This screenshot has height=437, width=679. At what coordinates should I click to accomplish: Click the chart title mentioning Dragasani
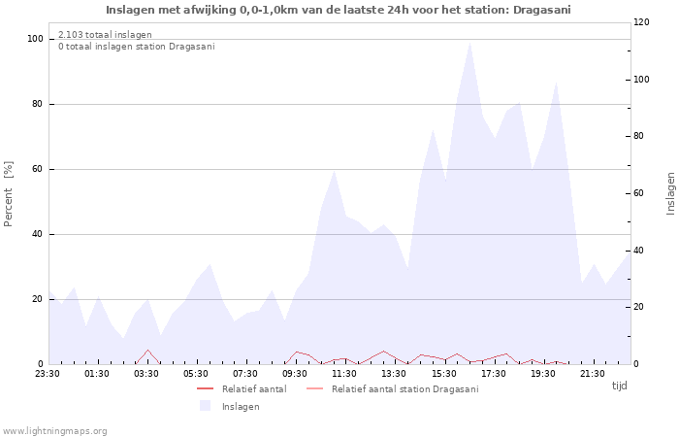coord(339,10)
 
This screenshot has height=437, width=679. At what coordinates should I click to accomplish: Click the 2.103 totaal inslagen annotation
coord(105,35)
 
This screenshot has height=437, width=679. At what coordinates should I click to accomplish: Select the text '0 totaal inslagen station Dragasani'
coord(137,47)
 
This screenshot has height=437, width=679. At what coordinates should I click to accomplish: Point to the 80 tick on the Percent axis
coord(37,104)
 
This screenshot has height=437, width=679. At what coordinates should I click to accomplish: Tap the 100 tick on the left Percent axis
coord(35,39)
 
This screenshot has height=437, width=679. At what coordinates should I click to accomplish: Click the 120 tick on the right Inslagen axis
coord(641,22)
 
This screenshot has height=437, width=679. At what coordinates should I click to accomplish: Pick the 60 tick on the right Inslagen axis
coord(638,193)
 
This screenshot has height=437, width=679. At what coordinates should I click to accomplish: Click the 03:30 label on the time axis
coord(146,374)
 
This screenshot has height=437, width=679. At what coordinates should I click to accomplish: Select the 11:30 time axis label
coord(344,374)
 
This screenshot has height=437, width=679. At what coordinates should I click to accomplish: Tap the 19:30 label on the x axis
coord(543,374)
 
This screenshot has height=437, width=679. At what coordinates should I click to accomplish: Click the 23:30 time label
coord(48,374)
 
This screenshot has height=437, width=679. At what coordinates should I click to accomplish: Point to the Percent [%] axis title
coord(8,194)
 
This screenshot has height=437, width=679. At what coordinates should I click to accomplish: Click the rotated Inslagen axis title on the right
coord(671,193)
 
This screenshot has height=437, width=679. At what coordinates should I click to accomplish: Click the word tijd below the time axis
coord(619,386)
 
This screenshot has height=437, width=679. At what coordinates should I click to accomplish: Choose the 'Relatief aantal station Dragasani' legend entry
coord(392,388)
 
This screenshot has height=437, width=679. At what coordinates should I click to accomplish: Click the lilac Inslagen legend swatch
coord(205,406)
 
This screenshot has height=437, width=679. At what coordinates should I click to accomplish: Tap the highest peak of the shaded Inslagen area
coord(469,42)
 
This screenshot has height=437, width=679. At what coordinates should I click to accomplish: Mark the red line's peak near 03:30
coord(148,350)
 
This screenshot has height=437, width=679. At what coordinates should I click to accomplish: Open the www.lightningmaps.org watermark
coord(54,431)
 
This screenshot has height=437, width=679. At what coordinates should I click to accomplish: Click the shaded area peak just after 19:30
coord(557,82)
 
